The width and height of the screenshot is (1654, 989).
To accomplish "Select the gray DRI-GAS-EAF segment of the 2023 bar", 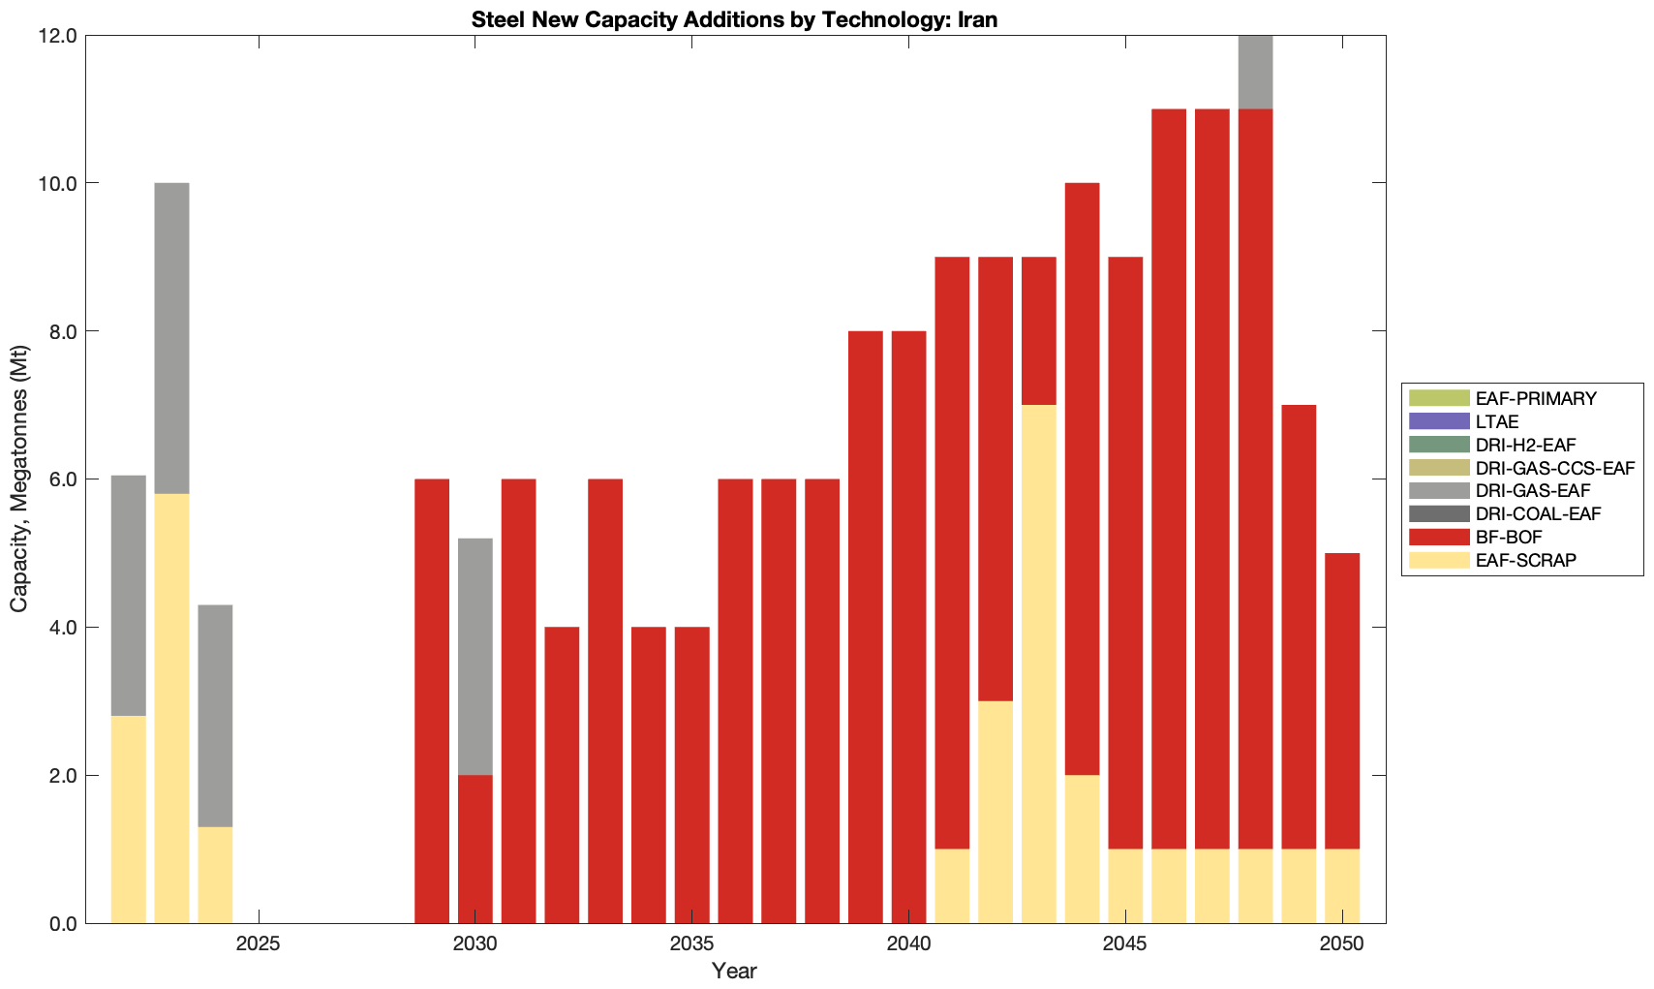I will pyautogui.click(x=171, y=338).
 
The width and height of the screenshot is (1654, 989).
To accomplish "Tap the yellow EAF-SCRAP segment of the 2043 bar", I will pyautogui.click(x=1039, y=664).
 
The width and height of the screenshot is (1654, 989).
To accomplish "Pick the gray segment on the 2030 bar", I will pyautogui.click(x=475, y=656).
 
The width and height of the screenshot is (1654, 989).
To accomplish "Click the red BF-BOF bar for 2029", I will pyautogui.click(x=432, y=700).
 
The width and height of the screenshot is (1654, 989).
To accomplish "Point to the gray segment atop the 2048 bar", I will pyautogui.click(x=1255, y=73).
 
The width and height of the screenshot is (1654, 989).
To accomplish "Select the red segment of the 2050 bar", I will pyautogui.click(x=1342, y=700).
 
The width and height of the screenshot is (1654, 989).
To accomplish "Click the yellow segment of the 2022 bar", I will pyautogui.click(x=129, y=819).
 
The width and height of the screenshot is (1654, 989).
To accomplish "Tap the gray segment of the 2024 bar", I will pyautogui.click(x=215, y=715).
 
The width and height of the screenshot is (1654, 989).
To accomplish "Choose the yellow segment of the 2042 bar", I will pyautogui.click(x=995, y=812).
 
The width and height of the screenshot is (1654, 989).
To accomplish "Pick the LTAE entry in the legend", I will pyautogui.click(x=1496, y=421).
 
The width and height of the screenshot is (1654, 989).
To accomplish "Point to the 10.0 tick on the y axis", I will pyautogui.click(x=57, y=183).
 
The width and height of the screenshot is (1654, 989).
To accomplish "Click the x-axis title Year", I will pyautogui.click(x=734, y=971).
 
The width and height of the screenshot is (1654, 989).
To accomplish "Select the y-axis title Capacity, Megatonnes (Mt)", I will pyautogui.click(x=18, y=479).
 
